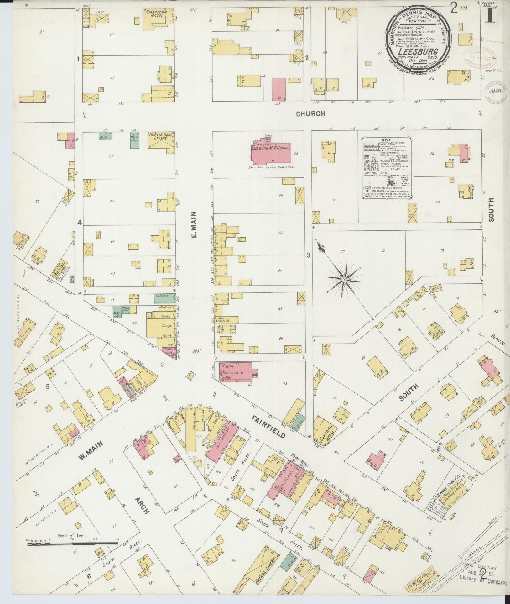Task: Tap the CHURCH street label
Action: click(311, 114)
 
